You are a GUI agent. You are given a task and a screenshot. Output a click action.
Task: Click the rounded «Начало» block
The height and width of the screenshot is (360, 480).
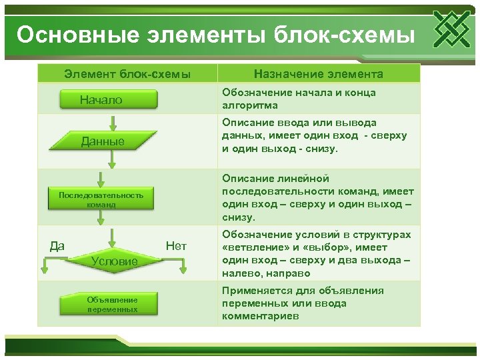[x=110, y=100]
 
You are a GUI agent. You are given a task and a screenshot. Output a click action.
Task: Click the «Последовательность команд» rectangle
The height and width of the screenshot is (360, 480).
[x=101, y=199]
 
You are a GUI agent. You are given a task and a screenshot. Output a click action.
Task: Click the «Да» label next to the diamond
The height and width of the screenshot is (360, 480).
[x=57, y=246]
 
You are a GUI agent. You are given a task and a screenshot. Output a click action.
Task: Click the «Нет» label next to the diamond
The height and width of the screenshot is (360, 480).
[x=176, y=246]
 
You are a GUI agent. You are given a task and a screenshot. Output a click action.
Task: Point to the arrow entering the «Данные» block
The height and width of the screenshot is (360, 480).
[x=114, y=123]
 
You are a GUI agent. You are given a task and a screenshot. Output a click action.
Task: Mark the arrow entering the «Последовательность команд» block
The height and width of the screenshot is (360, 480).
[x=101, y=179]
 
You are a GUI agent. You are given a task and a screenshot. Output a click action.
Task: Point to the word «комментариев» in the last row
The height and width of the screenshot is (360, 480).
[x=261, y=316]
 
